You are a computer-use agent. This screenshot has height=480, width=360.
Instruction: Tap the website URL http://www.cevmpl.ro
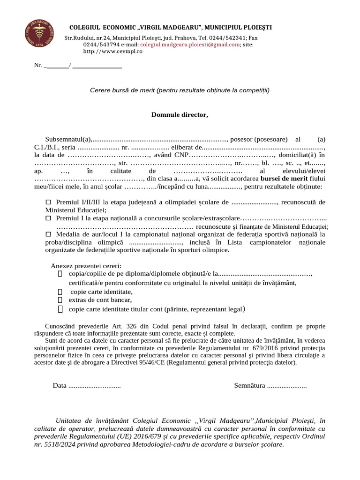point(112,51)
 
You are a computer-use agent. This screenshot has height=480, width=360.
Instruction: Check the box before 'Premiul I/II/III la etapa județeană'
point(48,202)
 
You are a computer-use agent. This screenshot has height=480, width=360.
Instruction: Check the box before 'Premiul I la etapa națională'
point(48,218)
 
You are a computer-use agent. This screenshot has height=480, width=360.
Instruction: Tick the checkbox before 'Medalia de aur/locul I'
point(48,234)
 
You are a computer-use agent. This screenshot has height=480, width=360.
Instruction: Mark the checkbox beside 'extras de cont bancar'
point(60,300)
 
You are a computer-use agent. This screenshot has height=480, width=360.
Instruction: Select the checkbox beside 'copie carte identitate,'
point(60,292)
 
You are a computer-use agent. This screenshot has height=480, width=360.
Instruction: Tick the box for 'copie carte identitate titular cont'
point(60,309)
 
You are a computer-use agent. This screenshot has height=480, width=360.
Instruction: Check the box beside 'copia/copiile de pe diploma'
point(60,274)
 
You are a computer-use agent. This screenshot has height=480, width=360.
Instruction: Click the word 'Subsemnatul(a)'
point(68,139)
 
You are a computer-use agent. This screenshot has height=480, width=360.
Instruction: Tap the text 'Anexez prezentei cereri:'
point(86,265)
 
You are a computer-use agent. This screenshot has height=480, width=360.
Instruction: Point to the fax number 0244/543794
point(101,45)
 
